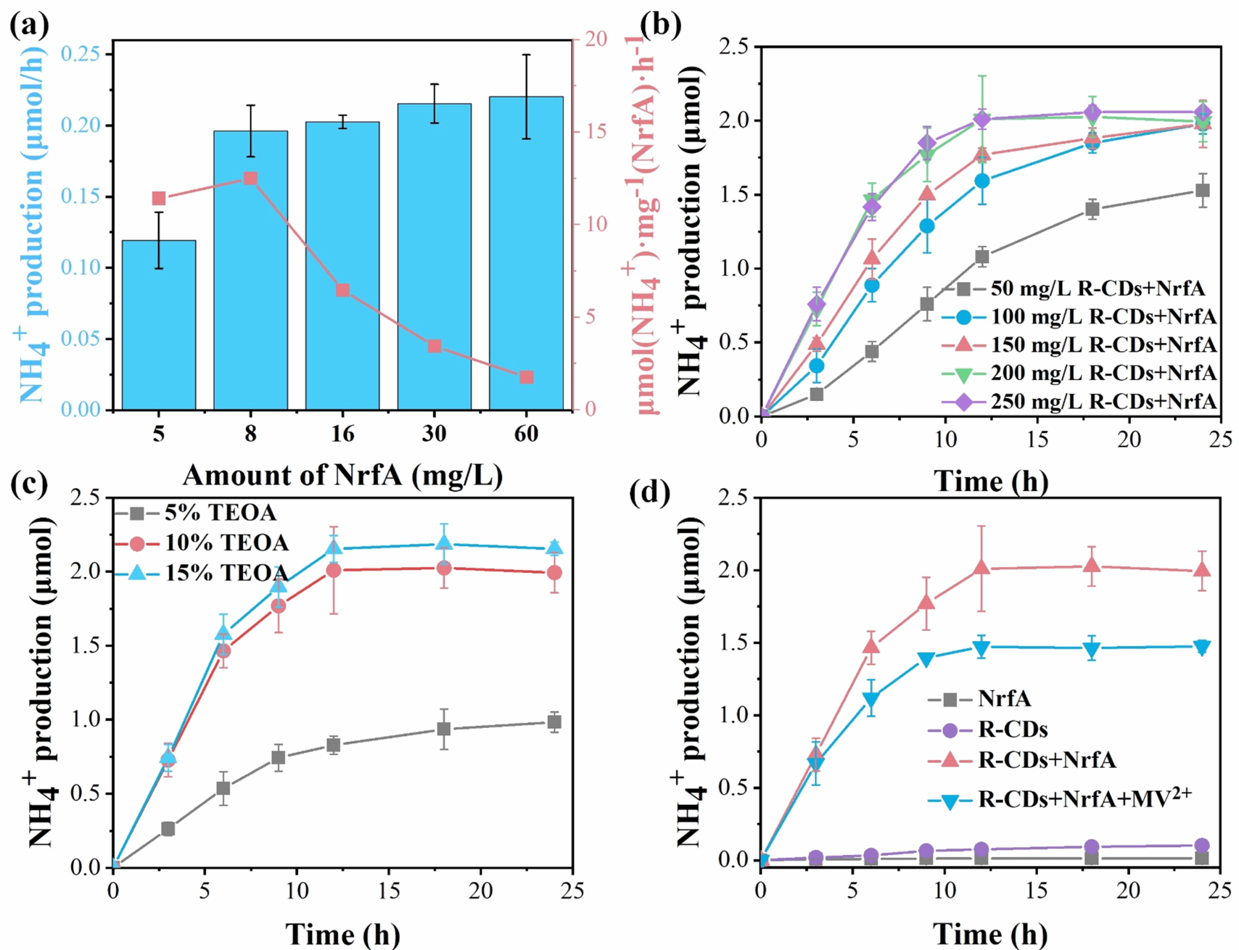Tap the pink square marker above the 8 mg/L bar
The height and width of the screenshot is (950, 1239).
(250, 179)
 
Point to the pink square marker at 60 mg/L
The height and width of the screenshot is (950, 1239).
(526, 378)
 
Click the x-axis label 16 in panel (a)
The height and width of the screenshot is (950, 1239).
(342, 434)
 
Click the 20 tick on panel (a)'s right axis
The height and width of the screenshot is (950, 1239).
(595, 39)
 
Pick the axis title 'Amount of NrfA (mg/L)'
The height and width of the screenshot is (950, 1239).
(342, 476)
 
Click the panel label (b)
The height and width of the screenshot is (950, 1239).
(661, 25)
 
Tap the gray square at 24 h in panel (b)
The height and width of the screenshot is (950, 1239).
(1203, 191)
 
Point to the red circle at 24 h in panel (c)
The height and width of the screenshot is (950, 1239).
(554, 572)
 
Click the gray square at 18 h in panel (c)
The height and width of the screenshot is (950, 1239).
(444, 729)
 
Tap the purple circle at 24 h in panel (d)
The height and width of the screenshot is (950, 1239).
(1203, 845)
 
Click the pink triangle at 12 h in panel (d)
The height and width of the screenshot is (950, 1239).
(982, 568)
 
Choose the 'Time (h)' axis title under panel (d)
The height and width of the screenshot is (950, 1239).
(990, 934)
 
